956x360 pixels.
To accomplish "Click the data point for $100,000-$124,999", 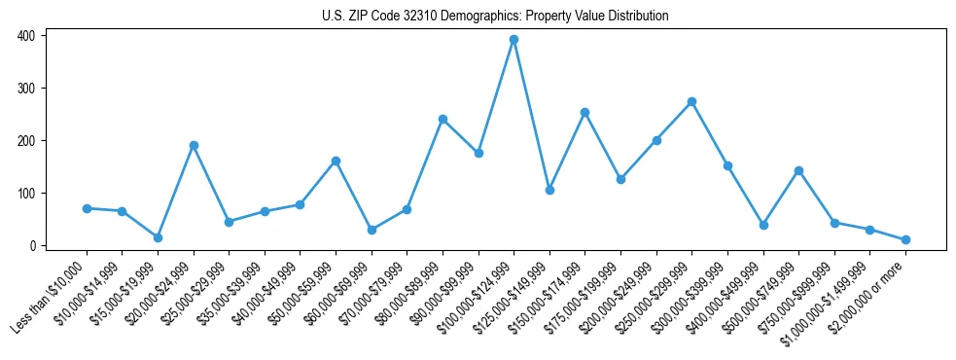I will [x=513, y=40].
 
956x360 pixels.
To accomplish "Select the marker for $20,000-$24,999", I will [x=194, y=145].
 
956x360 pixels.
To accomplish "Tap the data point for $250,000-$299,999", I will [x=691, y=102].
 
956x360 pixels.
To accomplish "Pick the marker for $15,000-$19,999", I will [x=158, y=237].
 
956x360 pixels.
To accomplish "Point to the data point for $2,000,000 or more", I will [x=905, y=239].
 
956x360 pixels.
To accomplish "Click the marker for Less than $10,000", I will [x=87, y=208].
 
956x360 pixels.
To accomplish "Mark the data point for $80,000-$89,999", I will [x=443, y=120].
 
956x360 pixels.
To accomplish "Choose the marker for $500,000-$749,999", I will [x=798, y=170].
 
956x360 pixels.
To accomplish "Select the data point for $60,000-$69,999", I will [x=372, y=230].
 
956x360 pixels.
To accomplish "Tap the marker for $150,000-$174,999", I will [x=584, y=113].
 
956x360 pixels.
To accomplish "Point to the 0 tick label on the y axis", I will [x=31, y=246].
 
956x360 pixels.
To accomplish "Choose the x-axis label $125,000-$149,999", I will [x=511, y=292].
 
